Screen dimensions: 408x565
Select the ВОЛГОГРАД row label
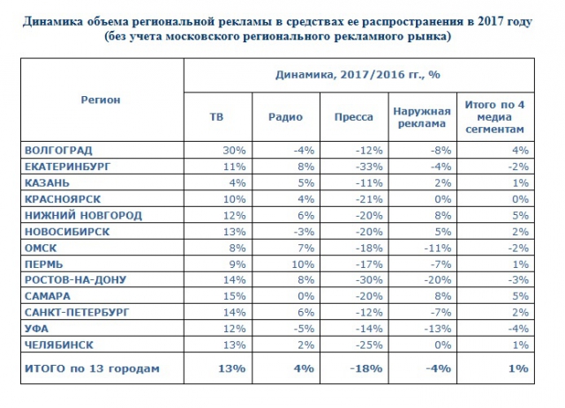point(59,150)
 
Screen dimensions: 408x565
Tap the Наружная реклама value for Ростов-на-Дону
point(433,279)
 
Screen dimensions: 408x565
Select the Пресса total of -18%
point(357,367)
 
